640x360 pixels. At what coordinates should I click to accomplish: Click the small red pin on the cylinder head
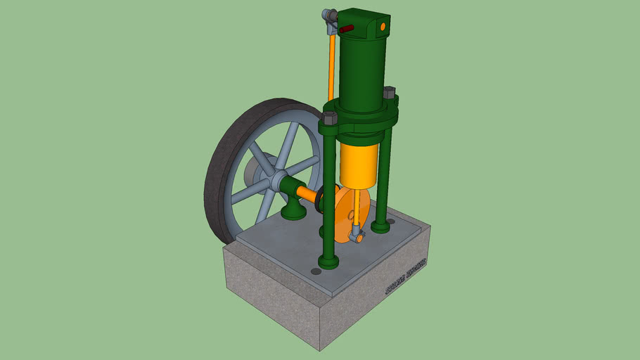347,30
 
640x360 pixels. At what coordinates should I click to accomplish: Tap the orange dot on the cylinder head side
383,26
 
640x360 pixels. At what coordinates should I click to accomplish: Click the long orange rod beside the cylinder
331,67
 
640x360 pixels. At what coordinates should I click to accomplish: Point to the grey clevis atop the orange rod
329,15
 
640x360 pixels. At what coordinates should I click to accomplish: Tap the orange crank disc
343,214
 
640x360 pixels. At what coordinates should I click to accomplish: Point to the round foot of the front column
328,262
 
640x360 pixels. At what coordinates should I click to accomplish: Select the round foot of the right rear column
380,226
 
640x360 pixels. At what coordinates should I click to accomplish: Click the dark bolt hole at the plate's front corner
316,271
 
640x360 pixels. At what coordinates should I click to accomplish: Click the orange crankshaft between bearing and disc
307,193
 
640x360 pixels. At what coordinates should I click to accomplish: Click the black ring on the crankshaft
320,200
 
